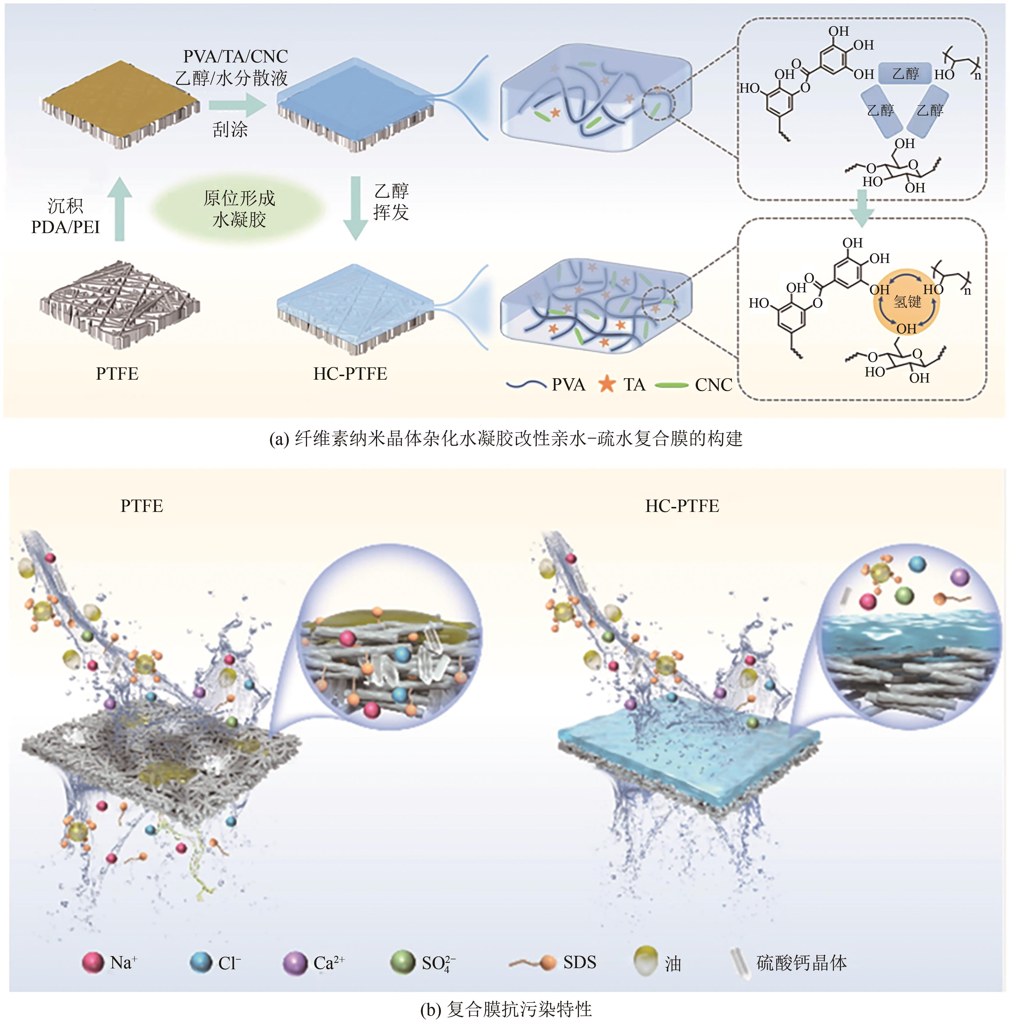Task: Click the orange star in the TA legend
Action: coord(607,384)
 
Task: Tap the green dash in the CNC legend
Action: coord(671,385)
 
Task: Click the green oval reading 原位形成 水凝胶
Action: coord(239,209)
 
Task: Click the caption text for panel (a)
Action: coord(506,439)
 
